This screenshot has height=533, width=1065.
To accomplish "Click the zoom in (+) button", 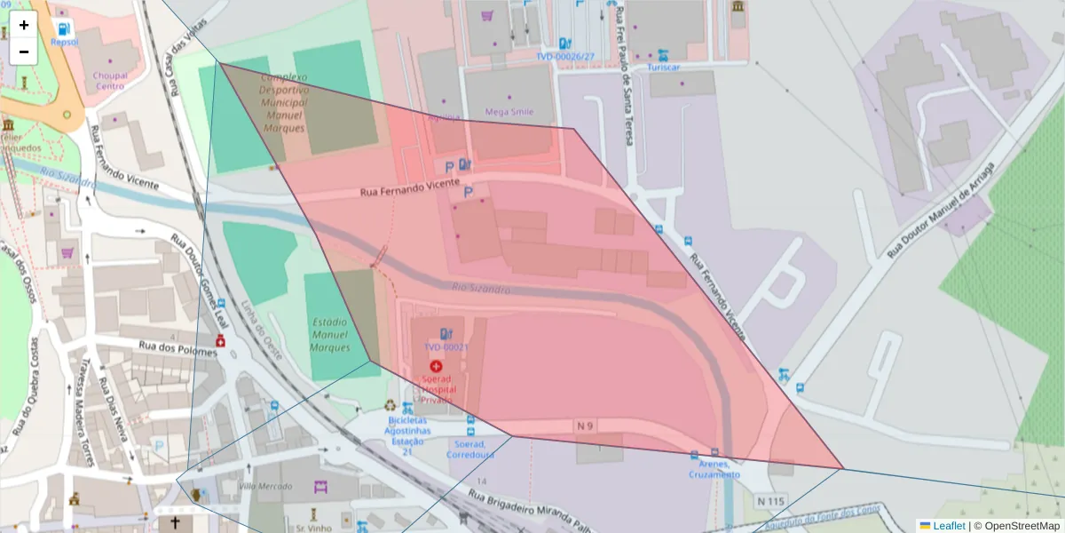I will click(x=24, y=25).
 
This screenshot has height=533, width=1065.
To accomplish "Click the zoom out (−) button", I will click(x=24, y=52).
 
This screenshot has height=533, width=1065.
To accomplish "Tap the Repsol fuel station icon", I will click(x=64, y=28).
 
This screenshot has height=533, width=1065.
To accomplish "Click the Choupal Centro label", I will click(x=110, y=81).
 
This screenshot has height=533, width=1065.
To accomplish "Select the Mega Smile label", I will click(x=509, y=112).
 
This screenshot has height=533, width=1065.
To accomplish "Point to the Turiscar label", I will click(x=663, y=68).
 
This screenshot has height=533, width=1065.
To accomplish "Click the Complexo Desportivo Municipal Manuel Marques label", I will click(x=284, y=103).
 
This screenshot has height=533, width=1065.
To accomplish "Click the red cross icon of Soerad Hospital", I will click(x=436, y=366).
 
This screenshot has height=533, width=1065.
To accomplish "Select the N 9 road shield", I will click(x=584, y=426).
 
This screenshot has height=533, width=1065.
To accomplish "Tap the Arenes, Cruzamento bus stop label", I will click(x=714, y=469).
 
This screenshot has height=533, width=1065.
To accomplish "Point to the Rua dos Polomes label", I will click(x=177, y=347).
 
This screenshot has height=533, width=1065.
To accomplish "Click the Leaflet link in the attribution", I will click(x=948, y=526).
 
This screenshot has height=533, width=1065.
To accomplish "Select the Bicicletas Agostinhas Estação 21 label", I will click(x=408, y=435).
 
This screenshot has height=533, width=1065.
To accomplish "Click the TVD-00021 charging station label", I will click(x=446, y=347).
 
